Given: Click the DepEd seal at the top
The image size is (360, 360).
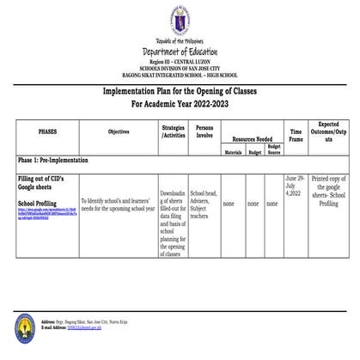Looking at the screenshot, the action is [x=180, y=20].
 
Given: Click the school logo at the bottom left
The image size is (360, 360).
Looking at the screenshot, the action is [x=26, y=326].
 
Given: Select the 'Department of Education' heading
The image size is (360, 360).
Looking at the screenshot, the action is [x=180, y=51].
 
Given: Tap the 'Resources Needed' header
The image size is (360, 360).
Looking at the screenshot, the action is [x=252, y=137].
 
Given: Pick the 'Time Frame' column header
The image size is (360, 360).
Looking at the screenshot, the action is [x=296, y=135].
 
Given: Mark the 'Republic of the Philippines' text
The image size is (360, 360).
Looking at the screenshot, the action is [x=180, y=40].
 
